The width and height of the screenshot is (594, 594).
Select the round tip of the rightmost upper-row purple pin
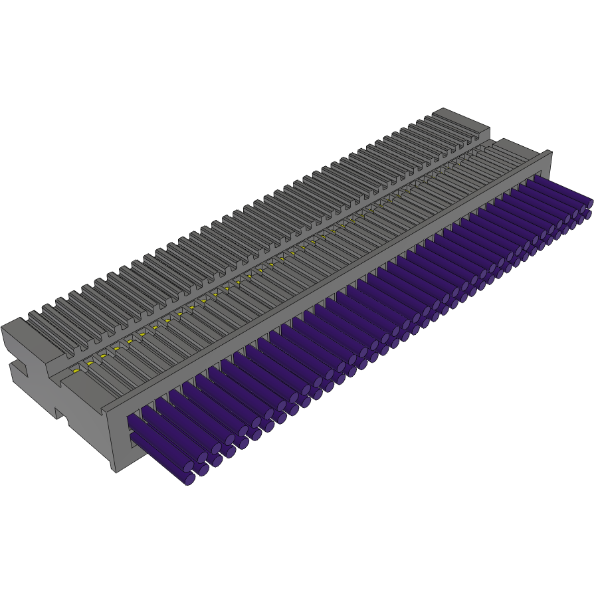click(589, 203)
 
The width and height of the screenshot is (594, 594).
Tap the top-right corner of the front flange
click(550, 152)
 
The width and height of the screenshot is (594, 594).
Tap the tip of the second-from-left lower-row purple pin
click(203, 470)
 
